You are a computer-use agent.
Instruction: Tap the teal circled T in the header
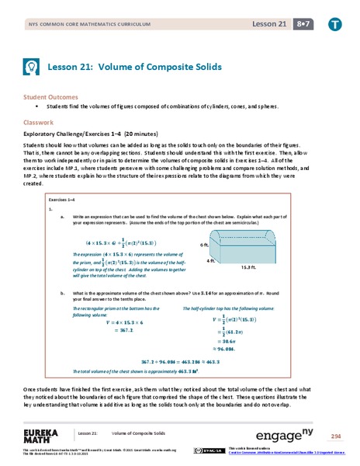point(334,24)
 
